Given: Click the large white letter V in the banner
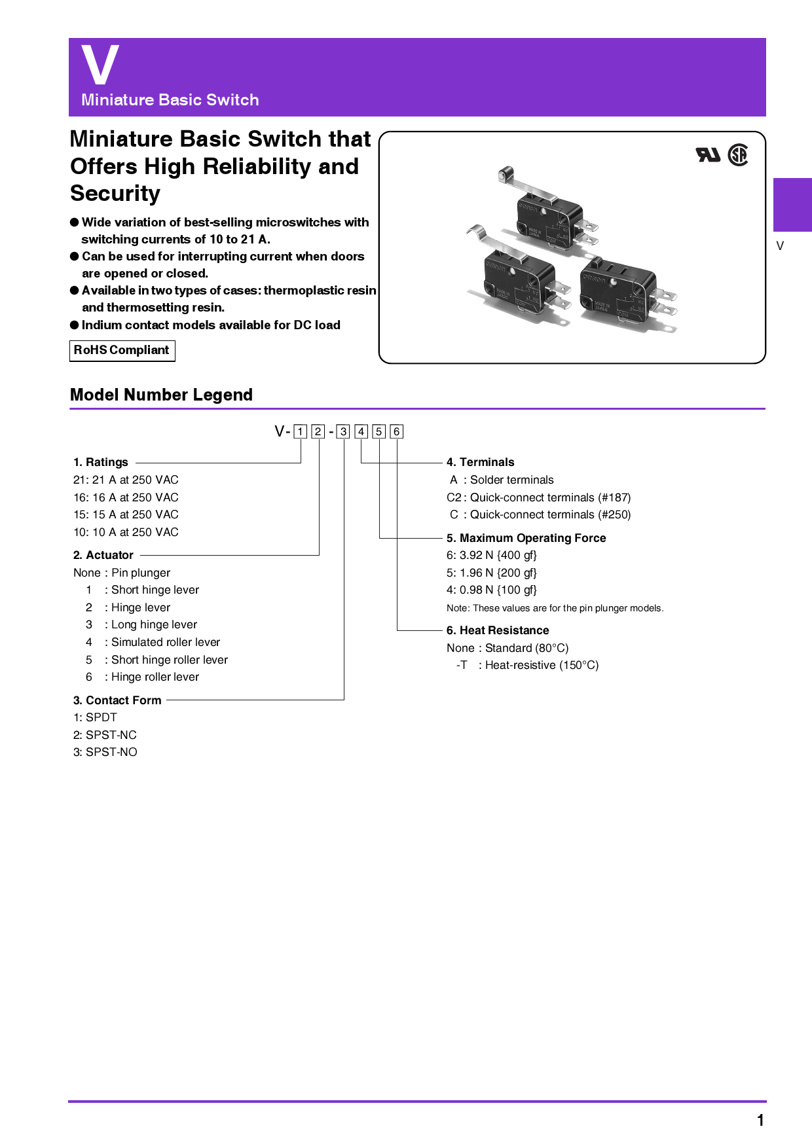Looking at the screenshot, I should tap(100, 65).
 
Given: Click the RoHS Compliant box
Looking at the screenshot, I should tap(122, 351).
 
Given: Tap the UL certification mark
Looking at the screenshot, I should tap(707, 155).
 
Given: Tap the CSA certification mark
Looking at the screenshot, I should tap(738, 155).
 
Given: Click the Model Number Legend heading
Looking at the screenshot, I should tap(161, 395).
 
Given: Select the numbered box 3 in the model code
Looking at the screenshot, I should tap(343, 431).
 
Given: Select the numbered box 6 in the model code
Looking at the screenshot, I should tap(396, 431).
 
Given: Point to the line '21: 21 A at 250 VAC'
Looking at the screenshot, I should tap(126, 480).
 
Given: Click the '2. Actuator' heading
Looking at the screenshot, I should tap(103, 555).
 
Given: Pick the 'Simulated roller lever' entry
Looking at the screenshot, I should tap(165, 642).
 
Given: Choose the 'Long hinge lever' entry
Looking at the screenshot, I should tap(154, 624).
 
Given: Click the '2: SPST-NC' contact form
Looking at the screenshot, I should tap(105, 735).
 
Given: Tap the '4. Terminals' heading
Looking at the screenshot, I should tap(480, 462).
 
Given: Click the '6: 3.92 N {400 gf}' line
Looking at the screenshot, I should tap(491, 555).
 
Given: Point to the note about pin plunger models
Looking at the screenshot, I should tap(555, 608).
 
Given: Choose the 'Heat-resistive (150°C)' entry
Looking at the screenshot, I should tap(542, 665).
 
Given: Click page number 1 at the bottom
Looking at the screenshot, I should tap(760, 1121).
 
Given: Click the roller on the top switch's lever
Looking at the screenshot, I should tap(503, 174).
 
